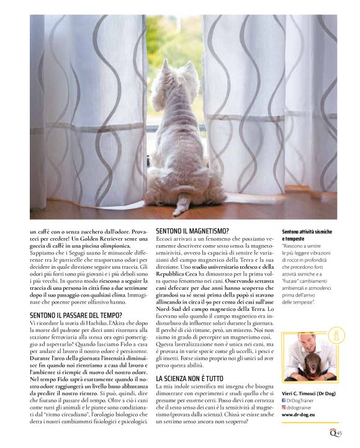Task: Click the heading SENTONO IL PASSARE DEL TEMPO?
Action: pyautogui.click(x=76, y=315)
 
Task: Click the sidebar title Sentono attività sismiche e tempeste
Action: pyautogui.click(x=307, y=235)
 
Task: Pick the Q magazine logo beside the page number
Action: pyautogui.click(x=334, y=433)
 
